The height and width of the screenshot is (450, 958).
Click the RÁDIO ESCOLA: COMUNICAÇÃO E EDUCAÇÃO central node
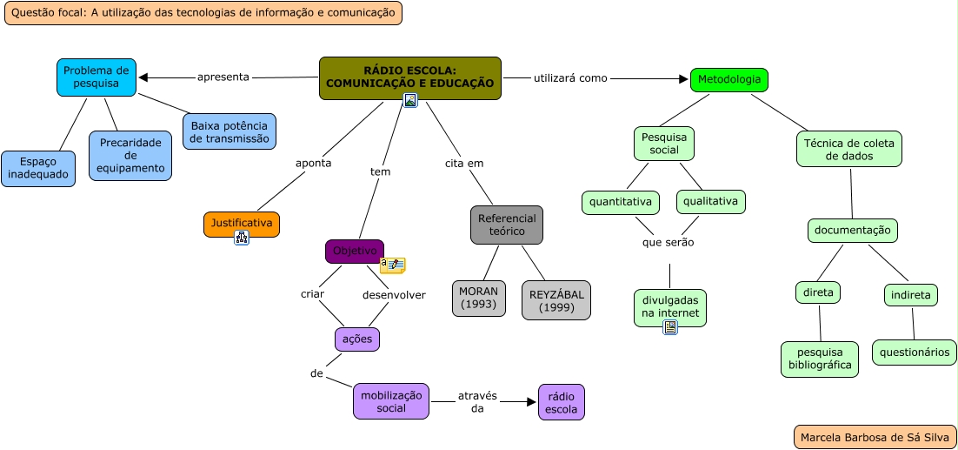pos(409,77)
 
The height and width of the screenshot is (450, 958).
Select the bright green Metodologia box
pos(728,80)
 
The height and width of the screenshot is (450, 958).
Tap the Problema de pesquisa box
pos(96,77)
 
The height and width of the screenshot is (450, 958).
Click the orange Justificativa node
pos(241,224)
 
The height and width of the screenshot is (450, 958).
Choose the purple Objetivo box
pos(354,252)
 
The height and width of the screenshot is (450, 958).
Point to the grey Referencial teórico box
pos(506,225)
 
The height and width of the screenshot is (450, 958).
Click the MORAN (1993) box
pos(478,298)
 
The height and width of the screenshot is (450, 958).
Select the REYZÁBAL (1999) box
pos(556,300)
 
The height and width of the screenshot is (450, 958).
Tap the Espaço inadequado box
pos(37,168)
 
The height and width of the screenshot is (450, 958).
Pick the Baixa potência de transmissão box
pos(229,131)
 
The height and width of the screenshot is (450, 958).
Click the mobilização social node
pos(390,401)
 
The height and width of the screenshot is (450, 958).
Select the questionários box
pos(914,353)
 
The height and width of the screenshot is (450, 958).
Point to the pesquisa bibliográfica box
pos(819,359)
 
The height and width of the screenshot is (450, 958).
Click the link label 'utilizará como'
pos(569,77)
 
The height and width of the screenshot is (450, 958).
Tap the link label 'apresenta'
pos(223,77)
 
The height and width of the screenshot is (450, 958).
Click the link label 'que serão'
pos(668,242)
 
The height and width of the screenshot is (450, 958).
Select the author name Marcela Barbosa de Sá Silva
pos(875,437)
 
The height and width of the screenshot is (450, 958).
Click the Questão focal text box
pos(203,12)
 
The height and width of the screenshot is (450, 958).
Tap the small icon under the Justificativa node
pos(242,238)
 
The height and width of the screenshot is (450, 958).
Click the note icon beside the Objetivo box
pos(393,265)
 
